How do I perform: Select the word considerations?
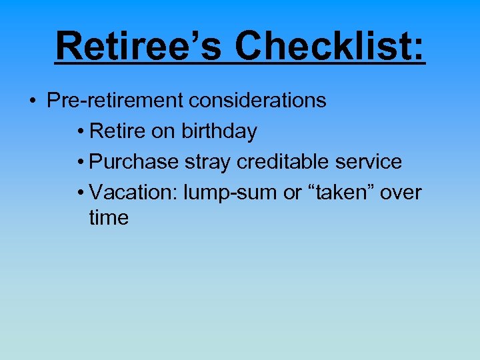(257, 101)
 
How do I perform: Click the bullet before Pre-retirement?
(32, 101)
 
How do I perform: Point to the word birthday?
(219, 131)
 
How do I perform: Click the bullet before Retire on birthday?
(79, 132)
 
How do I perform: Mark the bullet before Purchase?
(79, 163)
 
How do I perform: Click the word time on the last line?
(109, 218)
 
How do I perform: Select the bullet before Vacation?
(79, 193)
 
